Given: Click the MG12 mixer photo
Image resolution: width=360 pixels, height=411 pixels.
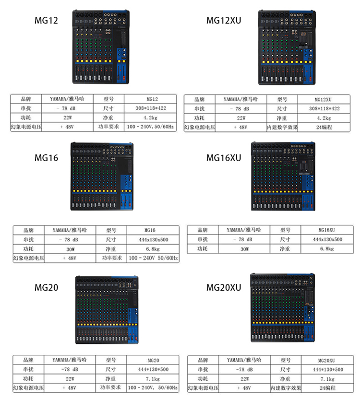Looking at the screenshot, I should pos(101,47).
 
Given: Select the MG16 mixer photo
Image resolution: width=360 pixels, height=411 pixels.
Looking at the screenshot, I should pos(101,176).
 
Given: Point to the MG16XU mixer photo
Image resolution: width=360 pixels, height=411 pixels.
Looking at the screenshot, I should pos(283,176).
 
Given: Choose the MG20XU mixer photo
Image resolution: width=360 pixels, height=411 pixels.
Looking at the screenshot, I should pos(283,307).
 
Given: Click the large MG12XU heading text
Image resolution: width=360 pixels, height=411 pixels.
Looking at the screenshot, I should pos(224,21).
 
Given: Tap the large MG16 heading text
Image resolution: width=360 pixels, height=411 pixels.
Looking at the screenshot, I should pos(46,157).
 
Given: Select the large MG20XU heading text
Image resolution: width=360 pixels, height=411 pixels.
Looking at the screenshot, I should pos(224,288).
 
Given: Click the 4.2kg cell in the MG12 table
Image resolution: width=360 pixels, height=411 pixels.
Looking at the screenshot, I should pos(150,117).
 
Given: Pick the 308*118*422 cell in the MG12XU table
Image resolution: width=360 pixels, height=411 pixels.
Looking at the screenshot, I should pos(323,109).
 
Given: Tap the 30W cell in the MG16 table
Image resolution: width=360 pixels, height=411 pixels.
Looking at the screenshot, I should pos(70,249).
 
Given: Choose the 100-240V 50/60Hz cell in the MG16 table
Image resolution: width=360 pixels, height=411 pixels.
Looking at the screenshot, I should pos(153,258).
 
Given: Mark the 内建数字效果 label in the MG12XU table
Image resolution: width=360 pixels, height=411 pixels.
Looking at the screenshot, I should pos(282,127).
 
